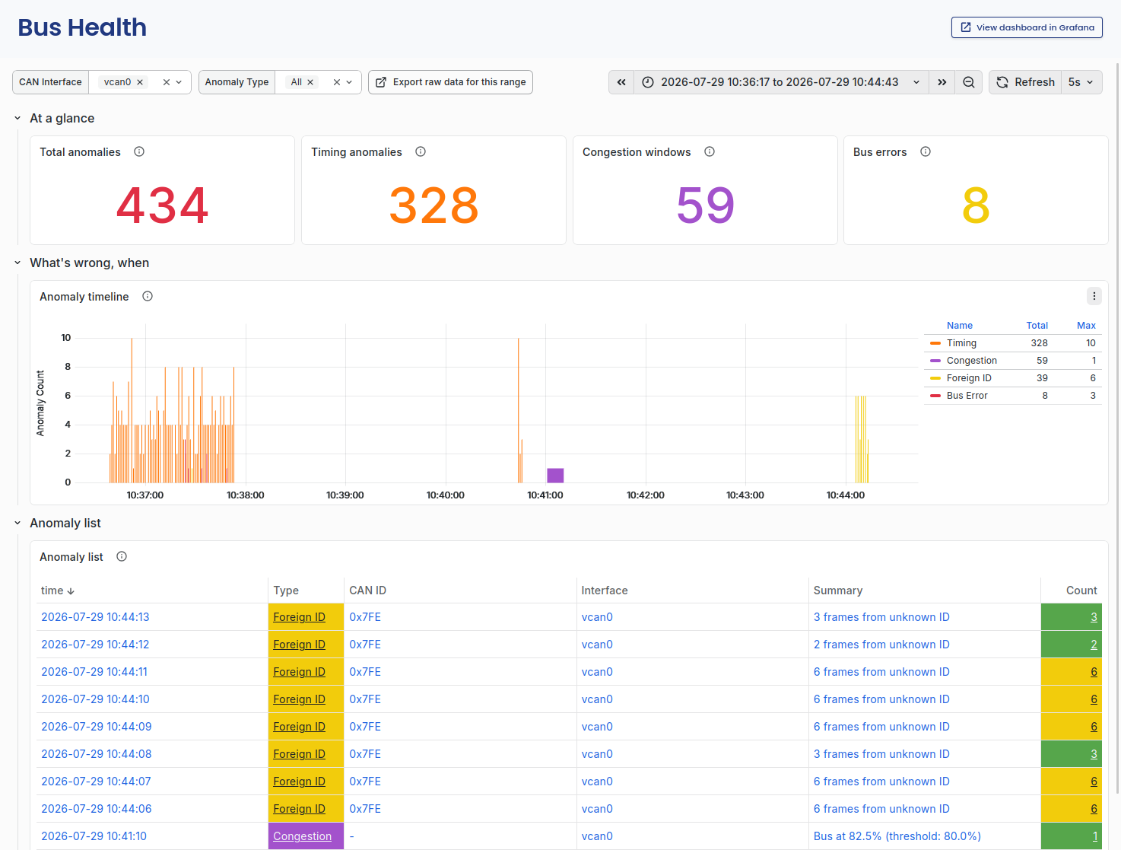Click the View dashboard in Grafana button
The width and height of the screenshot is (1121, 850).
pyautogui.click(x=1027, y=27)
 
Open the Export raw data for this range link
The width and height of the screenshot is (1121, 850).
pyautogui.click(x=450, y=82)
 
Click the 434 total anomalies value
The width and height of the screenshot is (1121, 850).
pyautogui.click(x=163, y=205)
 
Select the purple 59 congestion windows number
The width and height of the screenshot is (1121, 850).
pyautogui.click(x=705, y=205)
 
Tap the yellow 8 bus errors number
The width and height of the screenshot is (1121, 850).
pyautogui.click(x=976, y=205)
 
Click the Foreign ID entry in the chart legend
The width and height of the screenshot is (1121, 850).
pyautogui.click(x=968, y=378)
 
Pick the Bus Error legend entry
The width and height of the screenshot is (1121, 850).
pyautogui.click(x=967, y=396)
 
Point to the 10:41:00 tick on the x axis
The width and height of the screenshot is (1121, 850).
pyautogui.click(x=545, y=495)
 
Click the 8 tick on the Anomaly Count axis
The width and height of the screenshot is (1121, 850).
pyautogui.click(x=68, y=366)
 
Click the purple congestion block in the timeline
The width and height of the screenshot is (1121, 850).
pyautogui.click(x=555, y=475)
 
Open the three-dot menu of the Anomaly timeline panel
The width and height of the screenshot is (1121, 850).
pyautogui.click(x=1094, y=296)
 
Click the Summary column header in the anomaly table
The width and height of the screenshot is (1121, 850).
pyautogui.click(x=837, y=591)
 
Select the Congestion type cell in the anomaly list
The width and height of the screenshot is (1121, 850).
pyautogui.click(x=306, y=836)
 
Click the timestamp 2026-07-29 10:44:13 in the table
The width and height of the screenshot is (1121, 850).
pyautogui.click(x=95, y=617)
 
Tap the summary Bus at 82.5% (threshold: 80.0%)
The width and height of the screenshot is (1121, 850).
pyautogui.click(x=897, y=836)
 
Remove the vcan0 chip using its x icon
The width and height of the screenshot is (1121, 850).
pyautogui.click(x=139, y=82)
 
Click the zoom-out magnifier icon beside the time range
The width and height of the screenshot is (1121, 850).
pyautogui.click(x=968, y=82)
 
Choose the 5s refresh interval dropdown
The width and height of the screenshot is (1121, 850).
pyautogui.click(x=1081, y=82)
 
